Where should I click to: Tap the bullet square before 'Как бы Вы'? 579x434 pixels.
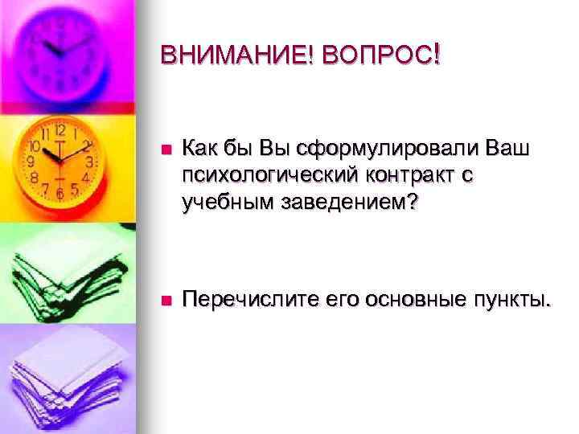point(165,149)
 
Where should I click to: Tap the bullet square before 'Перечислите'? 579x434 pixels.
point(165,301)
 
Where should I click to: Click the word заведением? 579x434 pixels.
point(350,202)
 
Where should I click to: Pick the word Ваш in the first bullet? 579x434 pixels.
point(508,149)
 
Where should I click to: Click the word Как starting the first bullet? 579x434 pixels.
point(200,149)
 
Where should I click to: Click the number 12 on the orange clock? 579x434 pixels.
point(60,129)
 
